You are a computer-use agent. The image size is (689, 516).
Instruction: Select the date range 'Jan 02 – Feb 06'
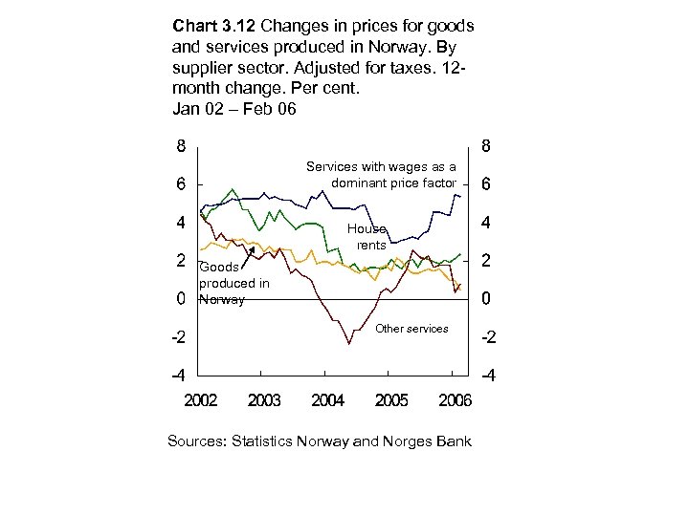coord(234,108)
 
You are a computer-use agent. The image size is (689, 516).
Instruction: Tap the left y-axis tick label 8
coord(180,147)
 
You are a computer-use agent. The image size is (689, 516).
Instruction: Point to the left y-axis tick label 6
coord(180,185)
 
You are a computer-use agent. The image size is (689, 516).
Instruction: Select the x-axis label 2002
coord(200,400)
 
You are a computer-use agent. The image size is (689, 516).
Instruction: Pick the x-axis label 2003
coord(264,400)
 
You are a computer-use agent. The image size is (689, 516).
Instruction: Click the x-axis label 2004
coord(328,400)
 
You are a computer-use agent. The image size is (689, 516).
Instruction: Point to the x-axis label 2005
coord(391,400)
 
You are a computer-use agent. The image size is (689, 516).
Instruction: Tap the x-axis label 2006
coord(455,400)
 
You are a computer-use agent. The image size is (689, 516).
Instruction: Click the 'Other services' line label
coord(411,329)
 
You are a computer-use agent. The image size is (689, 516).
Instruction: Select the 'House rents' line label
coord(368,237)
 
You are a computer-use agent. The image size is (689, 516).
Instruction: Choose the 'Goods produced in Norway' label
coord(233,284)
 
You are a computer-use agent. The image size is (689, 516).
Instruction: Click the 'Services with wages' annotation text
coord(381,175)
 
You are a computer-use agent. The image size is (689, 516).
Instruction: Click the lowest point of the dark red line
coord(348,343)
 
